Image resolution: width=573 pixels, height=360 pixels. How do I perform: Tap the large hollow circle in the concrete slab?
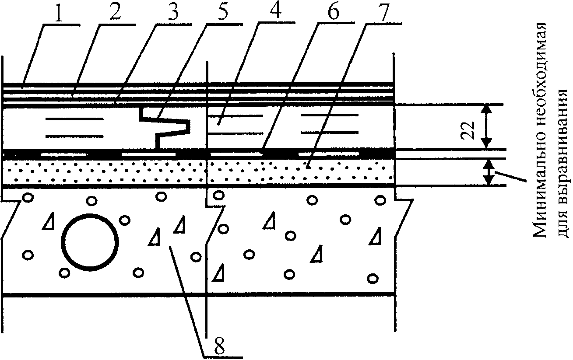pos(90,242)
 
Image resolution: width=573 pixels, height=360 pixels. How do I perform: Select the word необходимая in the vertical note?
pos(540,92)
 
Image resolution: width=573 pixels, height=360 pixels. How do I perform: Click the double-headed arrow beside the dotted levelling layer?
pos(489,172)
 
